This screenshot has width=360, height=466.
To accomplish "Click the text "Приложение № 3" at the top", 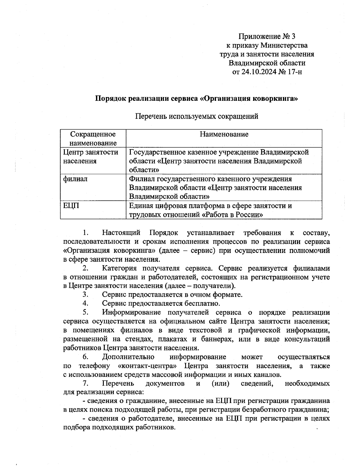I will (x=267, y=37).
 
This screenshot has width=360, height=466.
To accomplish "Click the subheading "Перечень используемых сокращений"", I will (x=197, y=116).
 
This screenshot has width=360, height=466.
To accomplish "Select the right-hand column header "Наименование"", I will (x=224, y=134).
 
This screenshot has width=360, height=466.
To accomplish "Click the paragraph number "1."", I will (x=85, y=233).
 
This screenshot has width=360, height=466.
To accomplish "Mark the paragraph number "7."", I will (x=85, y=383).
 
